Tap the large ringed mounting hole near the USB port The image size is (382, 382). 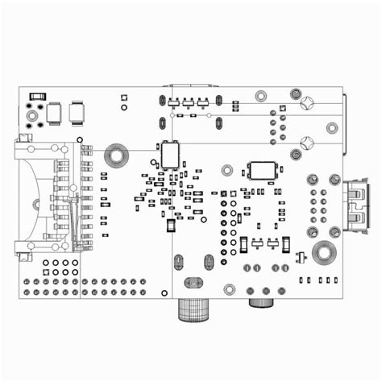coord(323,252)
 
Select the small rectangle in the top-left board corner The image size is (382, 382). coord(35,95)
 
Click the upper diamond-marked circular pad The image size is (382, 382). coord(306,103)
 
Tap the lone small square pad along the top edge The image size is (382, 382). coord(123,98)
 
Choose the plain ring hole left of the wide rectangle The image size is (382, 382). coord(227,170)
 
